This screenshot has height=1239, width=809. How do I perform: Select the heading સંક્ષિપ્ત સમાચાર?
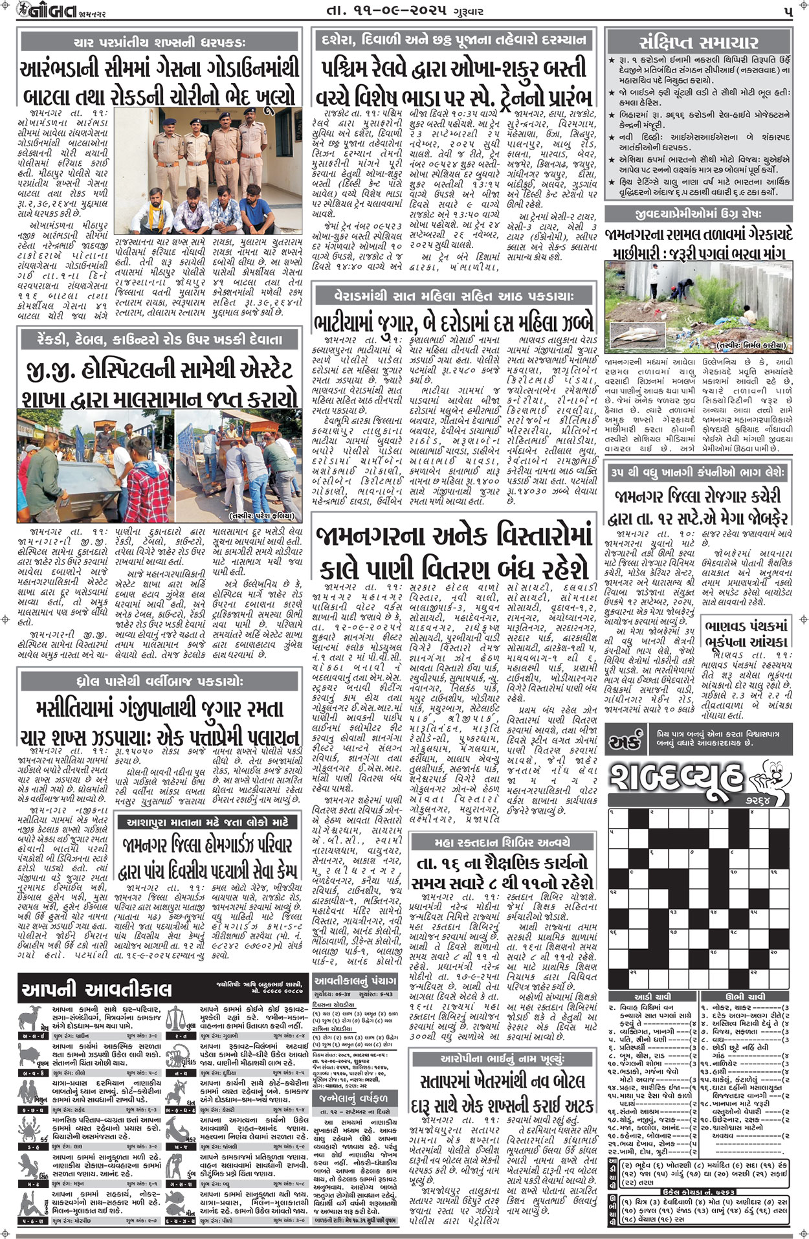pos(698,43)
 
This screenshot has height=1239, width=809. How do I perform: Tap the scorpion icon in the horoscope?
pos(172,1062)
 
